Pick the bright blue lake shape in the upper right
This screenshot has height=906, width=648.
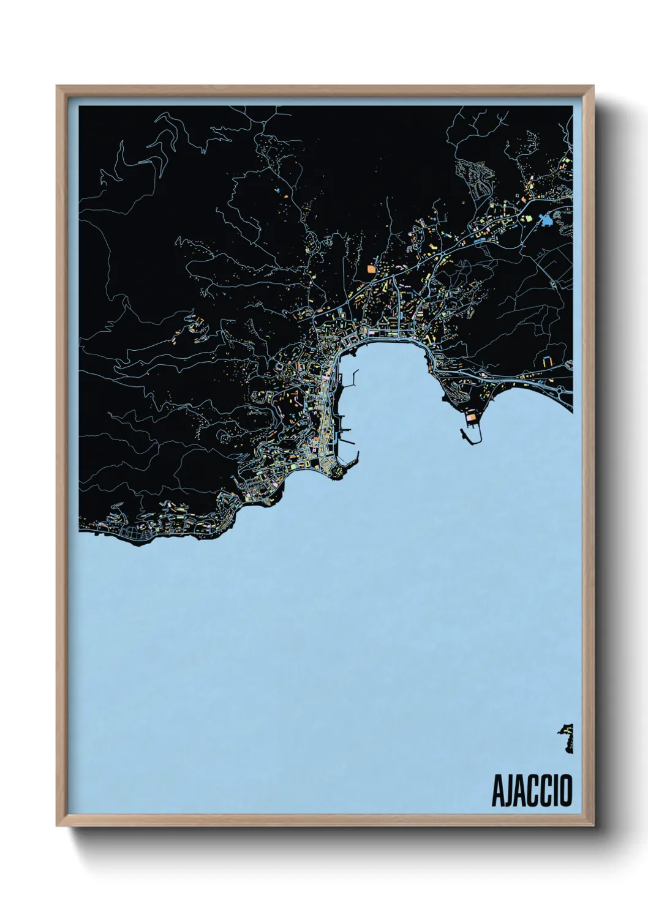click(544, 221)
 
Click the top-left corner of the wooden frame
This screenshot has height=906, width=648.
click(58, 87)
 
